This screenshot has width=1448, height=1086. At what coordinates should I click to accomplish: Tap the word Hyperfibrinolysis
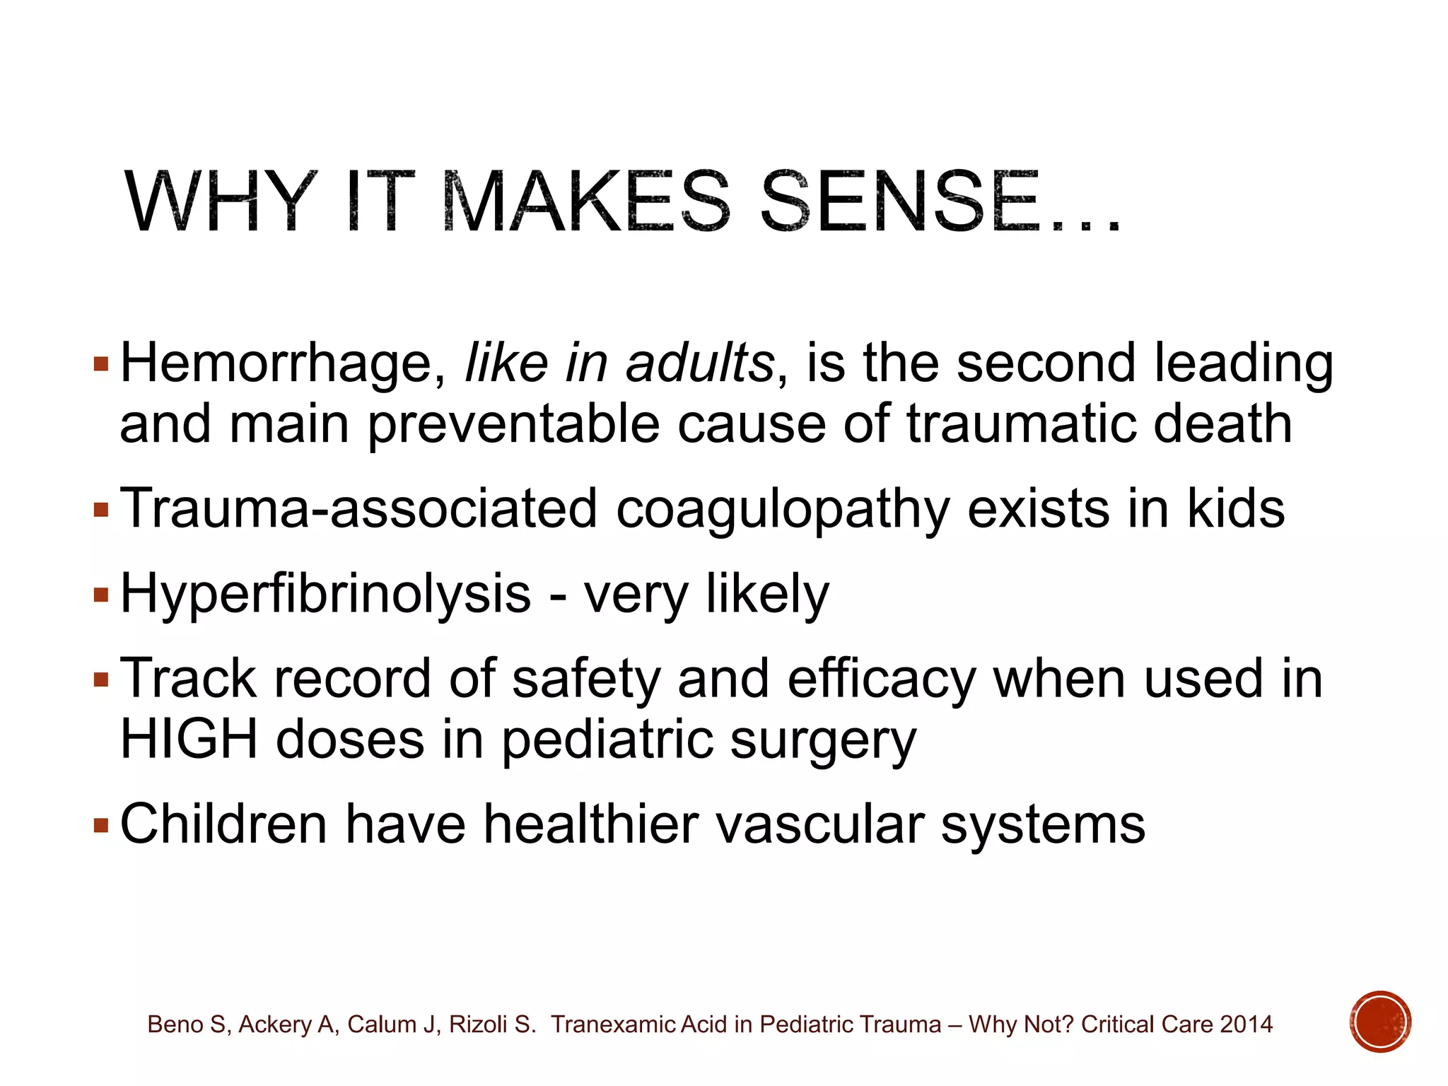click(x=325, y=595)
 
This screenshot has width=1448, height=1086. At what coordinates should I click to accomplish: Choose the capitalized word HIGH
click(x=189, y=740)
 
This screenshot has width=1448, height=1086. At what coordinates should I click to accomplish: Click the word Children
click(x=223, y=824)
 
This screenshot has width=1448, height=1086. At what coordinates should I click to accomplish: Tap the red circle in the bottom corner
click(x=1379, y=1022)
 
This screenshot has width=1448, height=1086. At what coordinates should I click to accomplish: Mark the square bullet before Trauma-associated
click(x=101, y=510)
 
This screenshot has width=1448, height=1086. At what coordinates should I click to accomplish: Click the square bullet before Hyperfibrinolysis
click(x=101, y=595)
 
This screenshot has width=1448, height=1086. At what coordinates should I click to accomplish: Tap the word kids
click(x=1235, y=509)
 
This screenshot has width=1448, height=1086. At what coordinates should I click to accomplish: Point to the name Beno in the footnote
click(x=173, y=1024)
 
